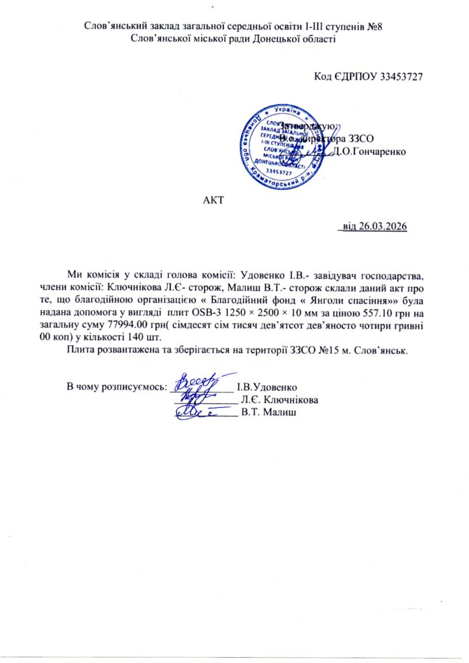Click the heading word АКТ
click(213, 198)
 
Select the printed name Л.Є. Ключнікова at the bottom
click(279, 399)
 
